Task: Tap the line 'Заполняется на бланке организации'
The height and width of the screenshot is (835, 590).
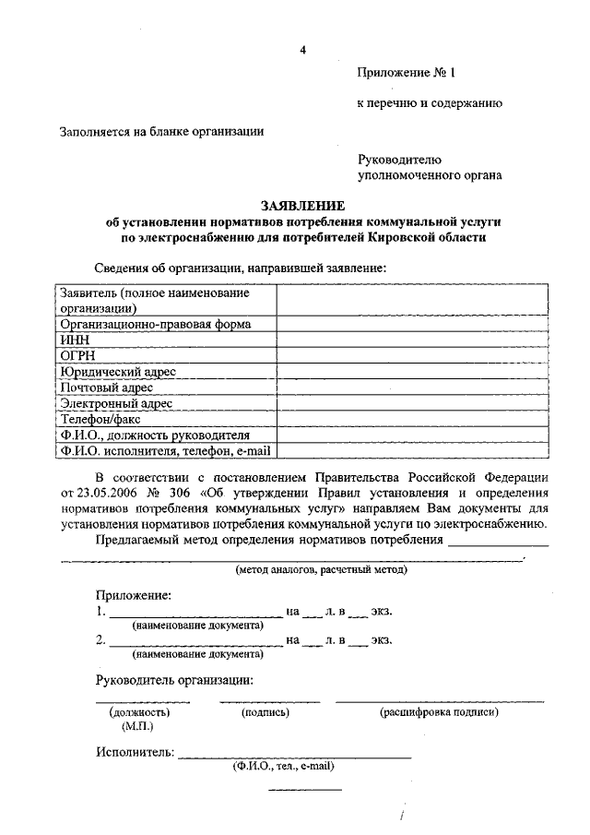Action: [162, 131]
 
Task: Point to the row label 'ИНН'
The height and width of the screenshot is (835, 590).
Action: [73, 340]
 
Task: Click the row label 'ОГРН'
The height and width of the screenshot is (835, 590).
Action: [77, 355]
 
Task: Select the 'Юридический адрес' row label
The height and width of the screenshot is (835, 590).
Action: [118, 371]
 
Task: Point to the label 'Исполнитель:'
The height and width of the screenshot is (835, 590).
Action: [135, 752]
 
